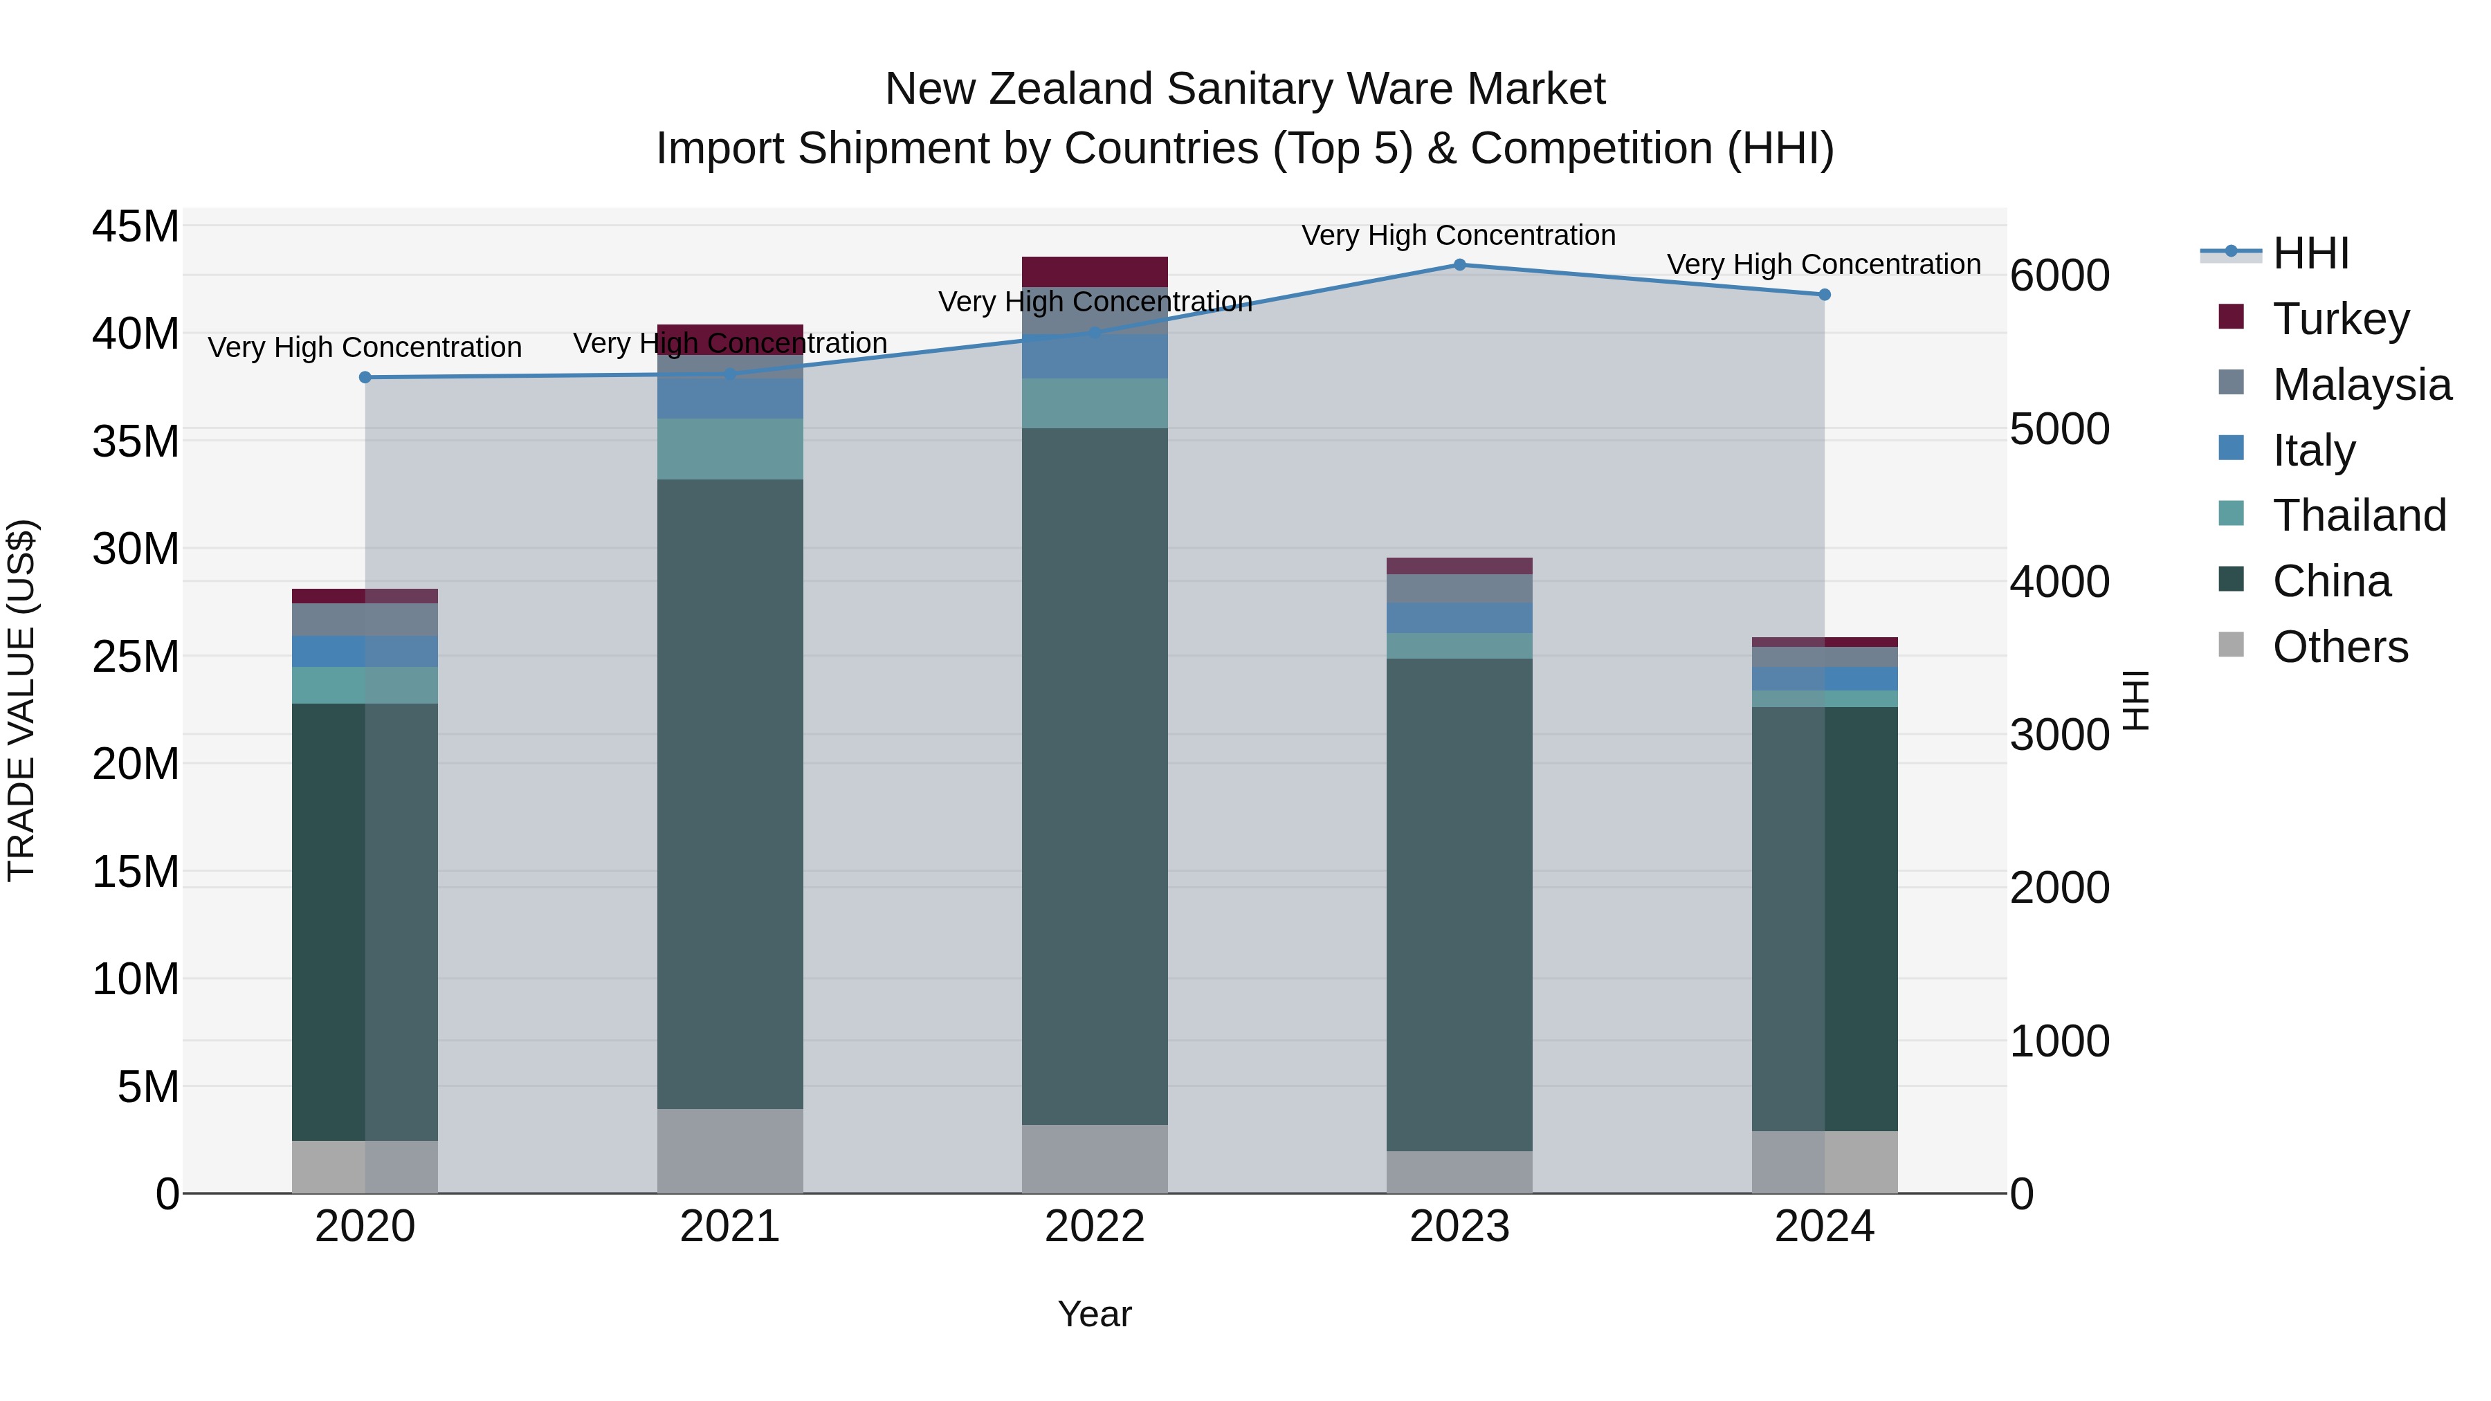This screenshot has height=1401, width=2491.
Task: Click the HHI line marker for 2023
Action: click(x=1459, y=265)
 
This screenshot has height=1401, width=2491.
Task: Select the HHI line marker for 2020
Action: click(x=365, y=377)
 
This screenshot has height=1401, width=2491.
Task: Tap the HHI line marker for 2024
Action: click(x=1824, y=295)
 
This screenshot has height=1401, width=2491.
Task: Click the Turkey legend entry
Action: click(x=2340, y=319)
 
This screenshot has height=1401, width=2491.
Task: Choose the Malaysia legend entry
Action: click(x=2360, y=385)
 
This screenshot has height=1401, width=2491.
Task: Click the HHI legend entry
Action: click(x=2309, y=253)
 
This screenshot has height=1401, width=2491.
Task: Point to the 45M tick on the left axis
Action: click(x=136, y=227)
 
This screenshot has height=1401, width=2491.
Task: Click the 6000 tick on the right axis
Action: click(x=2059, y=275)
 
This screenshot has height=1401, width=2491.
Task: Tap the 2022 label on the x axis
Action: click(x=1095, y=1227)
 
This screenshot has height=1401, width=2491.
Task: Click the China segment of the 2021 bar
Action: click(x=730, y=793)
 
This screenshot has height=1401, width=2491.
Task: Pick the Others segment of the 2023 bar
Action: click(x=1459, y=1172)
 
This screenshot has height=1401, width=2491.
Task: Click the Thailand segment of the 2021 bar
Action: click(x=730, y=448)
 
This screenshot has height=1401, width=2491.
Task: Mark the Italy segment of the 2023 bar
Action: click(x=1459, y=618)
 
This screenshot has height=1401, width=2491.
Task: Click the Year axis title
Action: click(x=1095, y=1314)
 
